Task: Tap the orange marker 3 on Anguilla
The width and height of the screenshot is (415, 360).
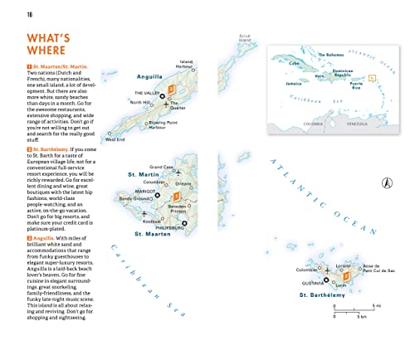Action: click(172, 89)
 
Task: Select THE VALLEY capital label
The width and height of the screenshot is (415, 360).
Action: click(147, 92)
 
